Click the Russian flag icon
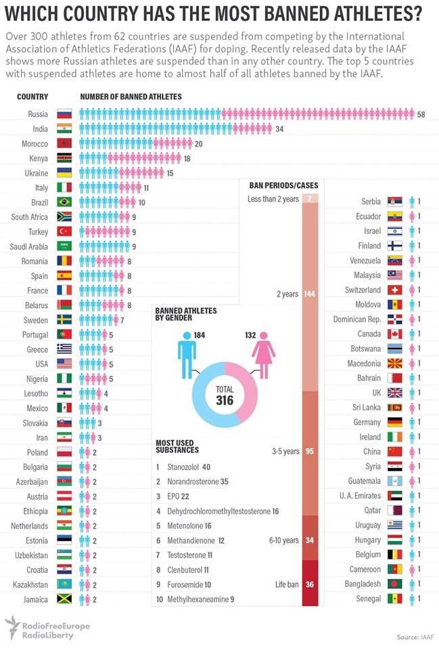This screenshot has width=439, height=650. (x=65, y=114)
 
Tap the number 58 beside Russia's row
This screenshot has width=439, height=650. (x=421, y=114)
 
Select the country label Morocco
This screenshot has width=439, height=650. (x=35, y=144)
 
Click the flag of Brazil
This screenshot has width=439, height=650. (x=65, y=202)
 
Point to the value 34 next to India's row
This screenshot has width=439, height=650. (x=279, y=129)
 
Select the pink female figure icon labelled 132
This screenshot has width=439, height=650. (x=264, y=351)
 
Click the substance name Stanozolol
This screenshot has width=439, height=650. (x=183, y=467)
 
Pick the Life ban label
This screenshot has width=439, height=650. (x=287, y=584)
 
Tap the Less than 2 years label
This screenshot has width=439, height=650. (x=273, y=199)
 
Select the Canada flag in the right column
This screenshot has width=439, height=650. (x=394, y=334)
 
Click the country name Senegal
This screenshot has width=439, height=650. (x=369, y=599)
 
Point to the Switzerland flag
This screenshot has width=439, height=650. (x=394, y=290)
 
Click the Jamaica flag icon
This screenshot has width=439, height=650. (x=65, y=599)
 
